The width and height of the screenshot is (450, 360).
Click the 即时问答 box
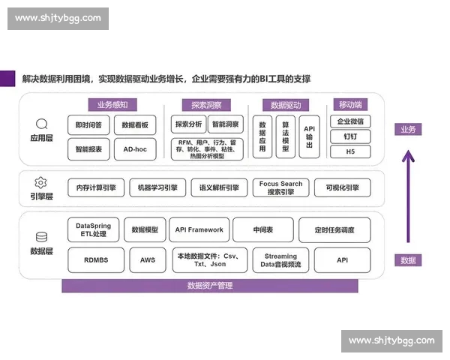tap(89, 124)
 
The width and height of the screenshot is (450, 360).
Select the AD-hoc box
tap(135, 149)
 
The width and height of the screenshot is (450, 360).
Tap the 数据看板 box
tap(135, 124)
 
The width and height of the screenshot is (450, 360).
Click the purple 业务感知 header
tap(112, 105)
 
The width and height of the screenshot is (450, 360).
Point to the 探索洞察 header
tap(206, 106)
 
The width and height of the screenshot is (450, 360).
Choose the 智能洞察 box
tap(226, 124)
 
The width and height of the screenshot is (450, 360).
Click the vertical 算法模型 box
tap(285, 136)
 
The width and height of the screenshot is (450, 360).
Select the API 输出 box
tap(309, 136)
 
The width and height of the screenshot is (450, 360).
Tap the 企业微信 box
tap(350, 121)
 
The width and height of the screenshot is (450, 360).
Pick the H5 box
tap(350, 151)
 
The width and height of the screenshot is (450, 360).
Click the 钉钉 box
tap(350, 136)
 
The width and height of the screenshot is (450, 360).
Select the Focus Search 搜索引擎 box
tap(281, 187)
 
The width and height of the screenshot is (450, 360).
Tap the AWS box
tap(148, 260)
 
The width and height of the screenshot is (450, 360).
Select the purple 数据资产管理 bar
tap(209, 286)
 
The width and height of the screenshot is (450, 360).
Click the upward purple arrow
tap(408, 195)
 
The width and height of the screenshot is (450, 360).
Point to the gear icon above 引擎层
tap(41, 182)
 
